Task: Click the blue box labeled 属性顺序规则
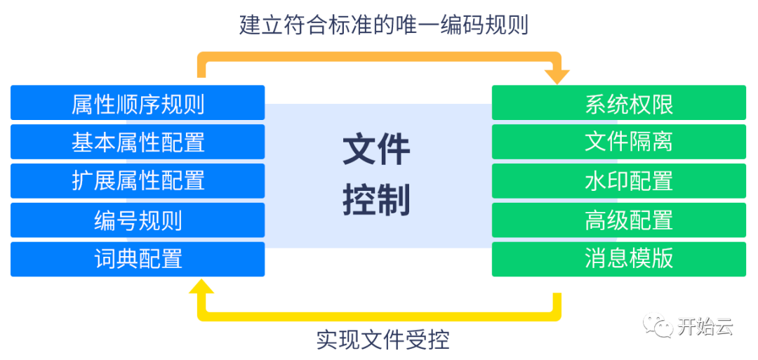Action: (x=138, y=103)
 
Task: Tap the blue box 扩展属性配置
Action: (x=138, y=181)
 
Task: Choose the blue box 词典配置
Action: (x=138, y=259)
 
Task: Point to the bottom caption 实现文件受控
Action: (x=383, y=340)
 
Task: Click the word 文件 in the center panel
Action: (x=377, y=150)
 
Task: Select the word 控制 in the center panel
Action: (x=377, y=201)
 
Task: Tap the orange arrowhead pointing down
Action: (x=557, y=76)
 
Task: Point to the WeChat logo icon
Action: (x=657, y=324)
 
